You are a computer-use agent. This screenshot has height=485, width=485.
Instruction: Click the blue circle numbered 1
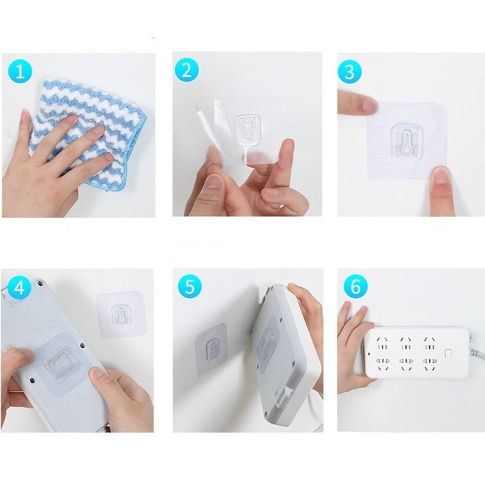20,71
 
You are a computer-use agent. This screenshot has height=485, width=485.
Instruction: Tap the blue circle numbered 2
187,70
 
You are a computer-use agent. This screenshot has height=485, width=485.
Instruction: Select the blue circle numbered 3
349,72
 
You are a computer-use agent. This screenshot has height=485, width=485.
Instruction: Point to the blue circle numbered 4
19,288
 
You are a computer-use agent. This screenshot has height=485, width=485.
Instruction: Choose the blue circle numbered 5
190,286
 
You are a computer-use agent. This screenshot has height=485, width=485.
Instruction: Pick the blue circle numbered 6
355,286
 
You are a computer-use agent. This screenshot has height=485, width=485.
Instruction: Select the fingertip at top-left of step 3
368,104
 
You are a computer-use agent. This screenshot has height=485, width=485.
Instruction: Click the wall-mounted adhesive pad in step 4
121,315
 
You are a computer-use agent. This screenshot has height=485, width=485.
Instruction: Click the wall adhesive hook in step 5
211,349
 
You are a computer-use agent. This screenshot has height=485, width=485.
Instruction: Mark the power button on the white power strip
447,354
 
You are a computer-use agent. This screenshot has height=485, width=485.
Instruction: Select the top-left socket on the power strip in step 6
381,343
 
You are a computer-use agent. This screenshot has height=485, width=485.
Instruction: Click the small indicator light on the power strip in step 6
369,353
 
